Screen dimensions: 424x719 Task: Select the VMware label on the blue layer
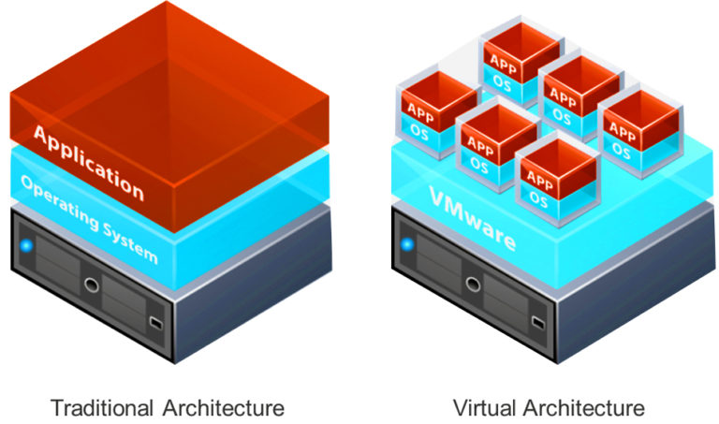tap(473, 220)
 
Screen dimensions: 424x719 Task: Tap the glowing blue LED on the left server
tap(27, 247)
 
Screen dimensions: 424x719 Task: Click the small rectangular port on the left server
tap(156, 325)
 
